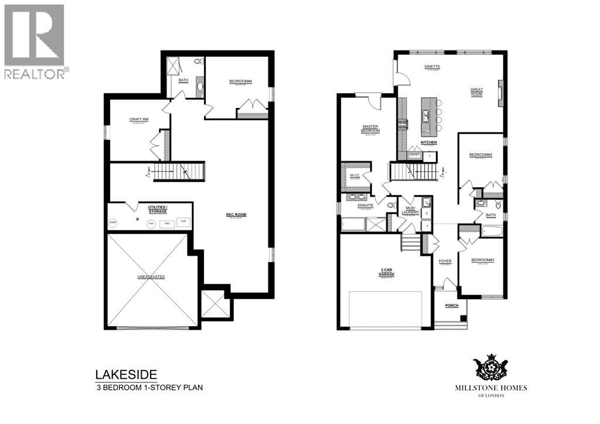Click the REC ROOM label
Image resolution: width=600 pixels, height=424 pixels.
(236, 215)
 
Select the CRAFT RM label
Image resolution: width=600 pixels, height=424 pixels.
(139, 120)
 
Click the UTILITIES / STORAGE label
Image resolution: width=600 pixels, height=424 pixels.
(158, 209)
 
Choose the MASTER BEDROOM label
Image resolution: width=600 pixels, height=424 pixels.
(370, 128)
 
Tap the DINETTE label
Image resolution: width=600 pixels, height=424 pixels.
(432, 67)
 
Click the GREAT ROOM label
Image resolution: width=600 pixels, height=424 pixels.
(476, 92)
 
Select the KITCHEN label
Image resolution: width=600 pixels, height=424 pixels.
(429, 143)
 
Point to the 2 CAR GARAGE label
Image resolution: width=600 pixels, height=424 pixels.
(385, 273)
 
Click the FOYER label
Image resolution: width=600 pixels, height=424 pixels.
(445, 261)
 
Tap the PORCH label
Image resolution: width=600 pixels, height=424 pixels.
(451, 306)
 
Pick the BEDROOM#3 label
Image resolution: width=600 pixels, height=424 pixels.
(480, 260)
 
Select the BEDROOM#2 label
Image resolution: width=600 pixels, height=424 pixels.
(480, 155)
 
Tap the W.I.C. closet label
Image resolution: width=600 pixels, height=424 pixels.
(354, 175)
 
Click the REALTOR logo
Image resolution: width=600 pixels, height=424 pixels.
(35, 41)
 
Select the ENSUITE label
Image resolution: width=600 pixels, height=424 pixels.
(357, 205)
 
